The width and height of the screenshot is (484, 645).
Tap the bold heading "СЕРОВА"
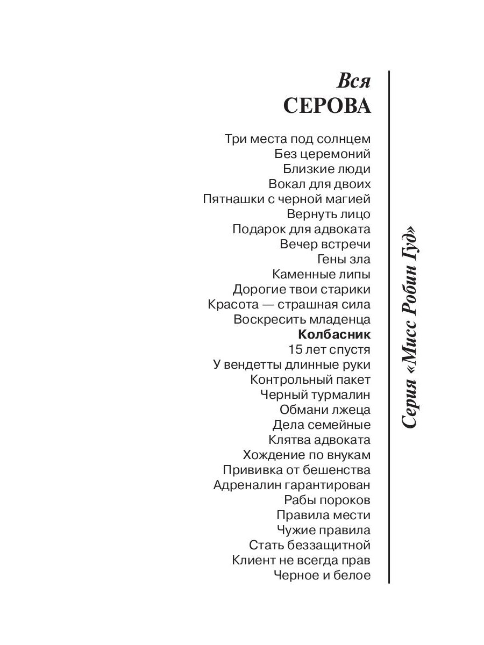[x=327, y=106]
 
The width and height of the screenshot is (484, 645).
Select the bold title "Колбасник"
[x=334, y=334]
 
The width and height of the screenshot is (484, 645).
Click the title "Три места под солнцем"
[x=297, y=139]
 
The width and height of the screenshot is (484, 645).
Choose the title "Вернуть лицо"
[x=329, y=214]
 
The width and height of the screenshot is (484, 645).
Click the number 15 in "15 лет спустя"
[x=296, y=349]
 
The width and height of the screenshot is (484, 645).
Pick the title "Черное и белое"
[x=322, y=575]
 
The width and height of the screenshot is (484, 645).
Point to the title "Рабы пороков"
[x=328, y=500]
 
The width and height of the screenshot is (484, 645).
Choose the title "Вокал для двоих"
[x=319, y=184]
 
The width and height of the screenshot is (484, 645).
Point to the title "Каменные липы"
[x=322, y=274]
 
